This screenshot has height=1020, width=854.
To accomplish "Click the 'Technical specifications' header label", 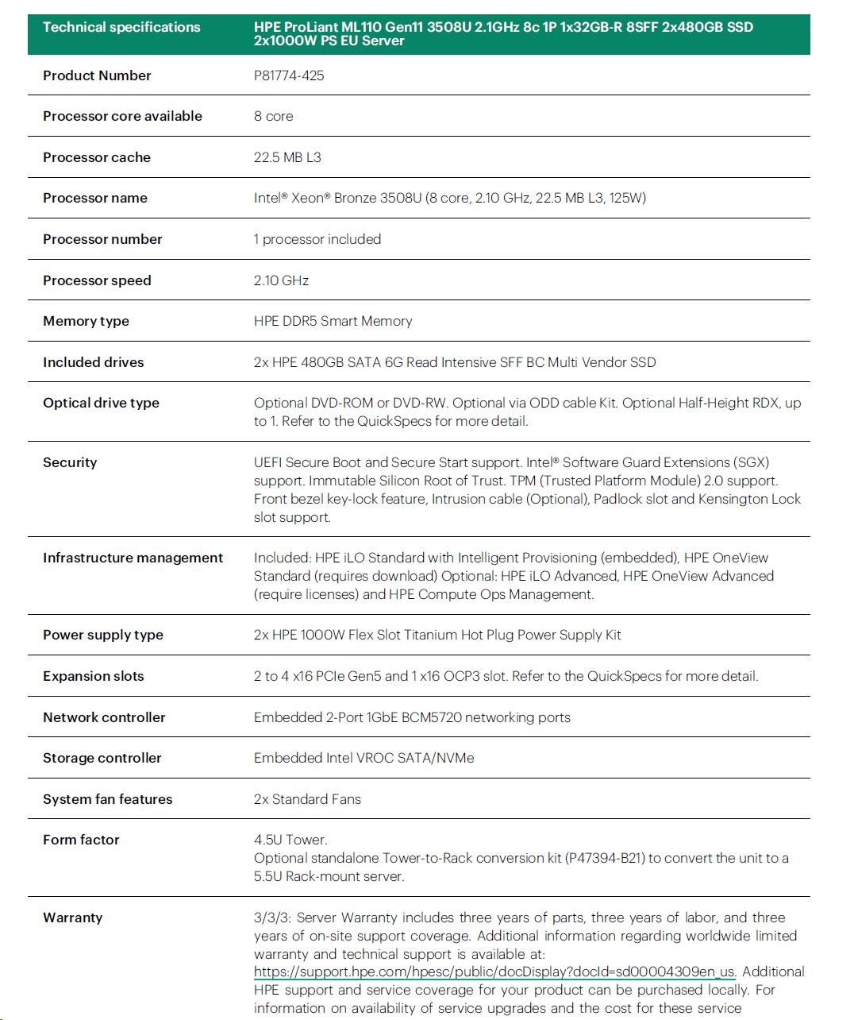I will click(x=121, y=27).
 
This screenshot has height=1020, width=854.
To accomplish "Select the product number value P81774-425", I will click(x=289, y=75).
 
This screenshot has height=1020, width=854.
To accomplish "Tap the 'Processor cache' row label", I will click(x=97, y=157).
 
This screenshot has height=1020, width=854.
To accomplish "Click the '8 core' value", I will click(x=273, y=116).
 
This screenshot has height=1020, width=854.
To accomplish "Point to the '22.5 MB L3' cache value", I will click(x=287, y=157).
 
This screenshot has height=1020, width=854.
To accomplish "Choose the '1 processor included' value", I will click(x=317, y=239).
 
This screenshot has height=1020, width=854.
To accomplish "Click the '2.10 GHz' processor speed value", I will click(x=281, y=280).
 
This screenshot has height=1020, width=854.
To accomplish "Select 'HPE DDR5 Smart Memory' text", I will click(x=333, y=321).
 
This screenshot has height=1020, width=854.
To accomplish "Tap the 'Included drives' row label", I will click(x=94, y=362).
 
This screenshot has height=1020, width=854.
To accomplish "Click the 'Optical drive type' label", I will click(x=101, y=403).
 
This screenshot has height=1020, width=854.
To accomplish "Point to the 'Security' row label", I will click(x=70, y=462).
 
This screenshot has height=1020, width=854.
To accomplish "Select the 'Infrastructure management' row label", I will click(x=133, y=558).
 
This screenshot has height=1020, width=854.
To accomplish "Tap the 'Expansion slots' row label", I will click(x=94, y=676).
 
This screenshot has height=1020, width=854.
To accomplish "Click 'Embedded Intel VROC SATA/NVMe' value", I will click(x=364, y=758).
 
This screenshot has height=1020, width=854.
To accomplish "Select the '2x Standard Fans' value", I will click(x=307, y=799).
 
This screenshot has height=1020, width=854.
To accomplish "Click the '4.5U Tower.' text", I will click(x=290, y=840).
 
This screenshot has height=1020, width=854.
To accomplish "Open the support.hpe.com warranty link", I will click(x=494, y=972).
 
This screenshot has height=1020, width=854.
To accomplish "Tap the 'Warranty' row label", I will click(x=73, y=918).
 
